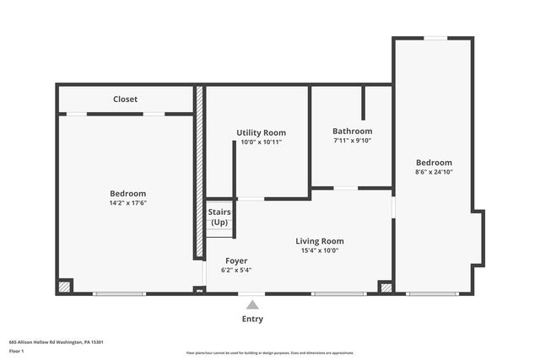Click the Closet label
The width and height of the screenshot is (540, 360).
pos(125,99)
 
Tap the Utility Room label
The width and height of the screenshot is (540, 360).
pos(261,132)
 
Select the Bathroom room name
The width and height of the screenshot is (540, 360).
pos(352,132)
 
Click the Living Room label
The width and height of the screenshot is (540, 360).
pos(320,241)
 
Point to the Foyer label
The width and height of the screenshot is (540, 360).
pos(236,261)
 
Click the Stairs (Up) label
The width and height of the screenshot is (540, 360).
pos(219,218)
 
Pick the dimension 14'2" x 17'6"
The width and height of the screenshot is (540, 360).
pos(127,203)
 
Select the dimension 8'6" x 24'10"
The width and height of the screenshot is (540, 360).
pos(434,172)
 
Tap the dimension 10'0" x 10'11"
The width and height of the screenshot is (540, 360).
pos(261,142)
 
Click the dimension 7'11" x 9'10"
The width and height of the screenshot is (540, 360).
pos(352,141)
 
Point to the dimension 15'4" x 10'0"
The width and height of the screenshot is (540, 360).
pos(320,250)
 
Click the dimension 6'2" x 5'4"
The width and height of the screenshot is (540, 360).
pos(236,270)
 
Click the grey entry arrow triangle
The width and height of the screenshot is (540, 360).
pos(252,304)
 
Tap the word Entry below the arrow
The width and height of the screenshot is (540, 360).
pos(252,319)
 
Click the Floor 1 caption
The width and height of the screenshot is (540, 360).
pos(16,349)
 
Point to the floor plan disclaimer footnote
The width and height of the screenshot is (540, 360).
pos(270,353)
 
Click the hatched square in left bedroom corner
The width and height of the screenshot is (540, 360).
pos(64,287)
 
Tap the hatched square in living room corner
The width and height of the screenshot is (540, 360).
pos(386,287)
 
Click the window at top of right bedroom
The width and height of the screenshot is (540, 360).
pos(435,38)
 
